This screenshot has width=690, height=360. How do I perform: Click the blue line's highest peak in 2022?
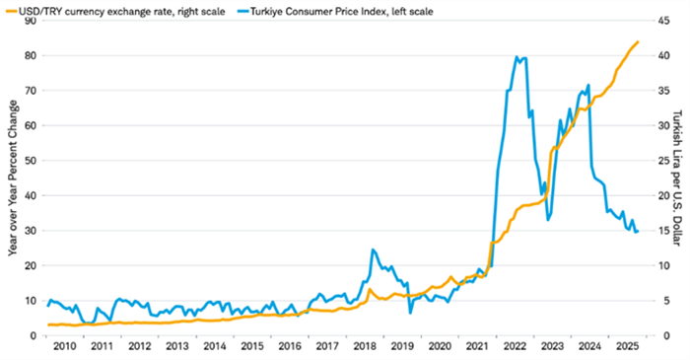coord(517,57)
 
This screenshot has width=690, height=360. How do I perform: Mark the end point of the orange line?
coord(639,41)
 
